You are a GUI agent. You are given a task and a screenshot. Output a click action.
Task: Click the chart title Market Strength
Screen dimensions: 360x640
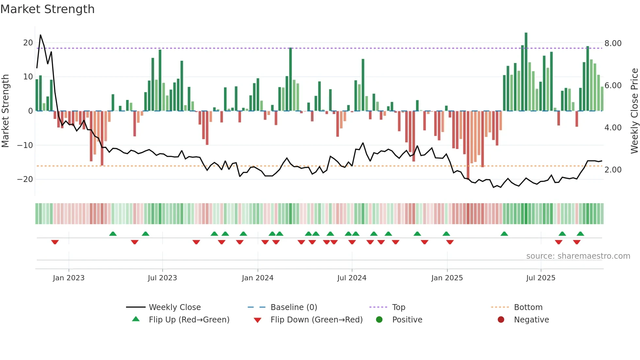click(x=47, y=9)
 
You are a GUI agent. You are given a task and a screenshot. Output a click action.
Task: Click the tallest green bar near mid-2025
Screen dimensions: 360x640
click(x=526, y=72)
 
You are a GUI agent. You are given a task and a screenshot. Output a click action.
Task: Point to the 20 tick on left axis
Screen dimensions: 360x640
click(x=28, y=43)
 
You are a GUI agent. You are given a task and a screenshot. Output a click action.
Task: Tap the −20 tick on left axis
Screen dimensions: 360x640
click(x=25, y=179)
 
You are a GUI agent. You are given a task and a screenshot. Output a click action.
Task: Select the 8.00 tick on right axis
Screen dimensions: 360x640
click(x=613, y=43)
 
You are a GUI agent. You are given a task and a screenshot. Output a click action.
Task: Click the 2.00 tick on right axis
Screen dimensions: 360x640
click(x=613, y=170)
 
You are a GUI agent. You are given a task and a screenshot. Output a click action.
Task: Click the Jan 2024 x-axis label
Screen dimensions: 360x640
click(x=258, y=278)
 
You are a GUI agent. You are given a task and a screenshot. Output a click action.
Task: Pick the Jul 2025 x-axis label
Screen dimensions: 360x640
click(x=541, y=278)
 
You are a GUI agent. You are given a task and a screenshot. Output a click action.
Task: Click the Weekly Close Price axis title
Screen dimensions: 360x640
click(x=634, y=111)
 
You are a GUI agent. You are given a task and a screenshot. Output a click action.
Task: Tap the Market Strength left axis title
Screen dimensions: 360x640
click(x=5, y=111)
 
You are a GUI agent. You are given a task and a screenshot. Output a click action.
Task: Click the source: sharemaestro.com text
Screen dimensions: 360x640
click(x=578, y=256)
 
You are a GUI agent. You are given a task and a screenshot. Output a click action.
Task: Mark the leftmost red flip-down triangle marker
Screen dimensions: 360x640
click(x=55, y=242)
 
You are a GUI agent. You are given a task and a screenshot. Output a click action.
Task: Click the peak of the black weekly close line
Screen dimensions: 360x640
click(x=40, y=35)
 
